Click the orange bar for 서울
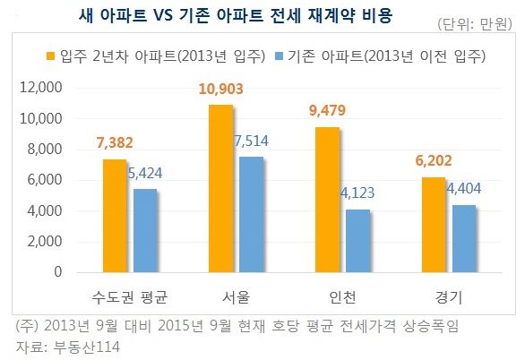click(221, 188)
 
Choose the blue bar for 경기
click(464, 238)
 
